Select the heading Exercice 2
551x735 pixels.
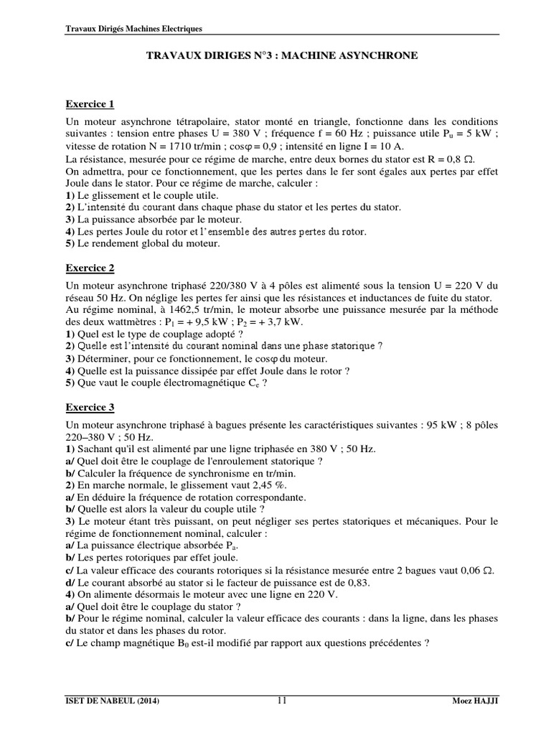point(90,268)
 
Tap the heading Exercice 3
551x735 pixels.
point(90,407)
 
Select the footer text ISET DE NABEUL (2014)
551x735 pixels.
point(111,701)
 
